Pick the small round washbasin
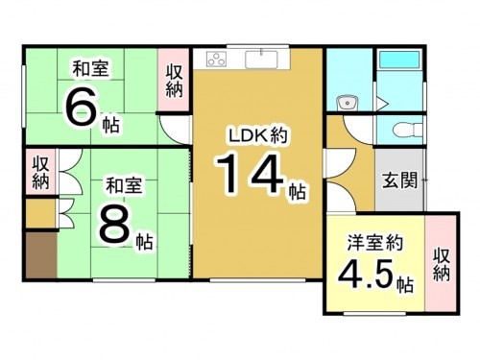347,103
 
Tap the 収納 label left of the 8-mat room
40,171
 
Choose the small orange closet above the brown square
40,212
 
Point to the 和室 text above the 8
124,181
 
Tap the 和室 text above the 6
89,68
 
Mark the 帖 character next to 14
297,192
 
